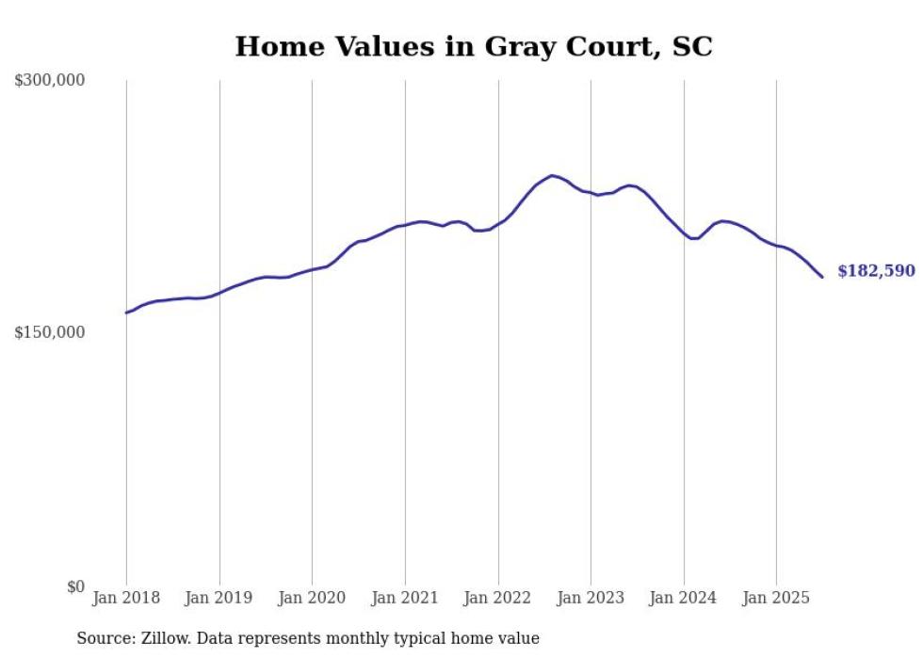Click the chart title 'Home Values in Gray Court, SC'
tap(474, 46)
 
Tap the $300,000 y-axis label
tap(50, 81)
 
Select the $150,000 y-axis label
tap(50, 332)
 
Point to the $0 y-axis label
tap(75, 586)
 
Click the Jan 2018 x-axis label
tap(126, 598)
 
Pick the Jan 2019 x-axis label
tap(219, 598)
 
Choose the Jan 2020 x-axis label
tap(313, 598)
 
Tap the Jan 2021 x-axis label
tap(405, 598)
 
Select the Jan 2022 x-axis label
tap(498, 598)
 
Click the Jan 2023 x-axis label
tap(591, 598)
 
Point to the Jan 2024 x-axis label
tap(684, 598)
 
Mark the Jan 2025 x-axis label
tap(776, 598)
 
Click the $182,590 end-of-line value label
tap(876, 271)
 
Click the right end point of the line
tap(822, 277)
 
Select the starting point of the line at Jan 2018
tap(126, 313)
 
